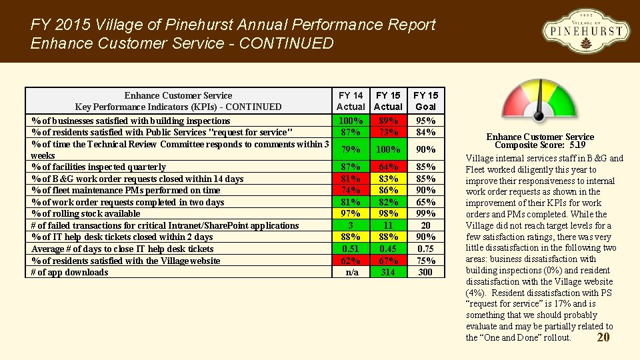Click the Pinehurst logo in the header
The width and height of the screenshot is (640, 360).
(x=585, y=31)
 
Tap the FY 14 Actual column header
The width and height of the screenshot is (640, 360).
(x=351, y=101)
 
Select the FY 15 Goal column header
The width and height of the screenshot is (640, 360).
(x=425, y=101)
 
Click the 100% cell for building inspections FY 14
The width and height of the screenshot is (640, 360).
(x=351, y=121)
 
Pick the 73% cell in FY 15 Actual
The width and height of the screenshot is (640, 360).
(x=388, y=132)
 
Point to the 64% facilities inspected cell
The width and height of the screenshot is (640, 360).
(x=388, y=167)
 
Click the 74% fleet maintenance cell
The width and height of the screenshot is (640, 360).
(x=351, y=190)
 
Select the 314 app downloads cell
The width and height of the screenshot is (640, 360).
(x=388, y=272)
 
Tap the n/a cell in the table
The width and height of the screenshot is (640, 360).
(x=351, y=272)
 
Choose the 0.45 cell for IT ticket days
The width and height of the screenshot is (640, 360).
(x=388, y=249)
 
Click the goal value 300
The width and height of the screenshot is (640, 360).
(x=425, y=272)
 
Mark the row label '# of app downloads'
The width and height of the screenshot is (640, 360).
(x=70, y=272)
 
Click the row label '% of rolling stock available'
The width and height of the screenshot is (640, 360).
(x=86, y=213)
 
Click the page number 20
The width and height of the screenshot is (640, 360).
(x=603, y=337)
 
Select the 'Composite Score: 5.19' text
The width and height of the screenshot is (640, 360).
(x=540, y=145)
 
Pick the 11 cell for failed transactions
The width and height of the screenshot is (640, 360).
(x=388, y=225)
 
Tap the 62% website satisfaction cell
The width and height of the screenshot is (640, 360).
(x=351, y=261)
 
